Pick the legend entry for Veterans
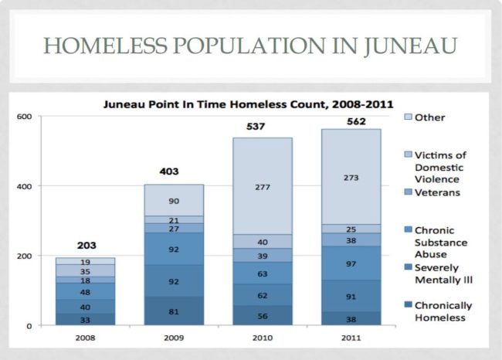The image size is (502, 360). (438, 192)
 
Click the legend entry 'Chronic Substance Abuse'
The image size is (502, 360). (446, 241)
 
